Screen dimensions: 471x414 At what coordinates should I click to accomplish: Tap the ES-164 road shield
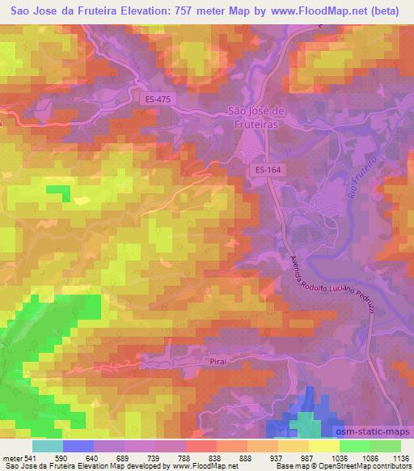pyautogui.click(x=266, y=170)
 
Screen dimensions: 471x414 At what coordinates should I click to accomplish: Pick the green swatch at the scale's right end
pyautogui.click(x=385, y=446)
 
